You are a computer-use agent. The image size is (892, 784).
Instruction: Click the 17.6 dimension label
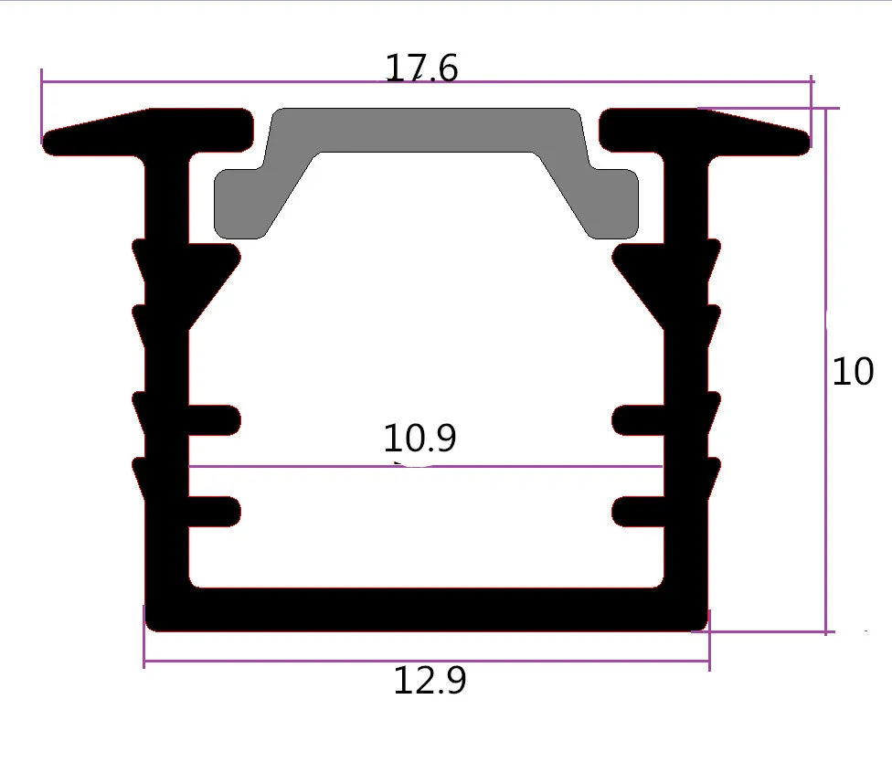(x=421, y=68)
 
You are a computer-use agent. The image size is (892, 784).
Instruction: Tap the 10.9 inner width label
(x=419, y=438)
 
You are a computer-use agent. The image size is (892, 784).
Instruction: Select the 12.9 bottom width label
(x=430, y=680)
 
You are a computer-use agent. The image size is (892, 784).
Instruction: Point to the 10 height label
(x=852, y=372)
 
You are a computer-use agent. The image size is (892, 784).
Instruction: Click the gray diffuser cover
(x=426, y=131)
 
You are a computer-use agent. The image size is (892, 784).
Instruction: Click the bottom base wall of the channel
(x=426, y=609)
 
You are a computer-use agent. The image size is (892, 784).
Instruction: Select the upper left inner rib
(x=215, y=420)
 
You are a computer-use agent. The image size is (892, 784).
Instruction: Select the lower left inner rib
(x=215, y=512)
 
